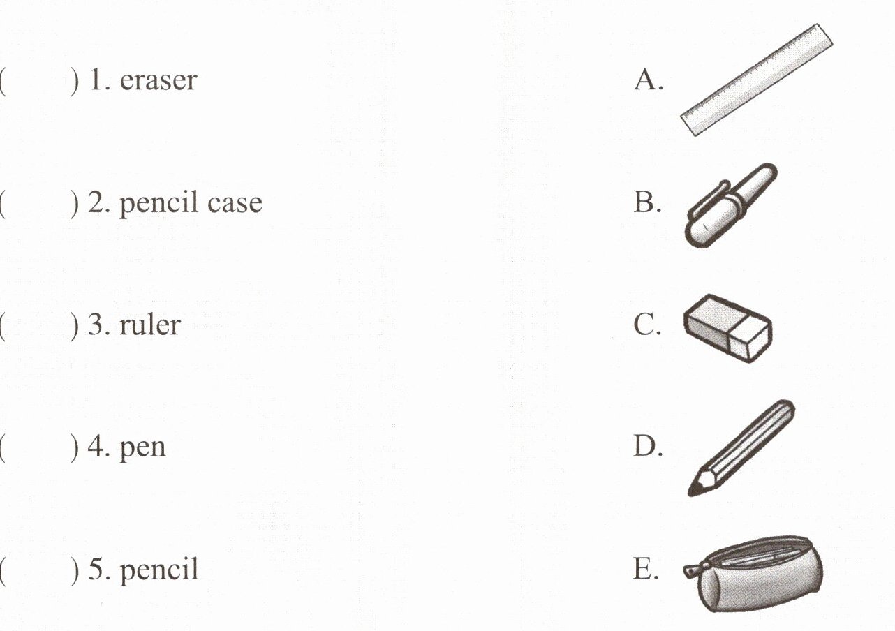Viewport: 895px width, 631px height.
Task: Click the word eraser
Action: pyautogui.click(x=158, y=81)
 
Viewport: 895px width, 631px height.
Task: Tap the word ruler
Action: pyautogui.click(x=150, y=325)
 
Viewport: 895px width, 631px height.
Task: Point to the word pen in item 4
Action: pyautogui.click(x=142, y=450)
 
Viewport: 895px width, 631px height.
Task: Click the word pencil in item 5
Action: pyautogui.click(x=159, y=570)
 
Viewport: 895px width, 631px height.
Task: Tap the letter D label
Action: pyautogui.click(x=648, y=446)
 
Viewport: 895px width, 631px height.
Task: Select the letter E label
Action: pyautogui.click(x=646, y=568)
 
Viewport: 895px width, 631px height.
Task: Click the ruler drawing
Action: pyautogui.click(x=757, y=80)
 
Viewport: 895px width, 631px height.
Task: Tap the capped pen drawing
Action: pyautogui.click(x=731, y=205)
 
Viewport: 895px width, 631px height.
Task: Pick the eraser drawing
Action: pyautogui.click(x=728, y=328)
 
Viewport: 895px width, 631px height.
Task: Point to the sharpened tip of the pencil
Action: pyautogui.click(x=690, y=494)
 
